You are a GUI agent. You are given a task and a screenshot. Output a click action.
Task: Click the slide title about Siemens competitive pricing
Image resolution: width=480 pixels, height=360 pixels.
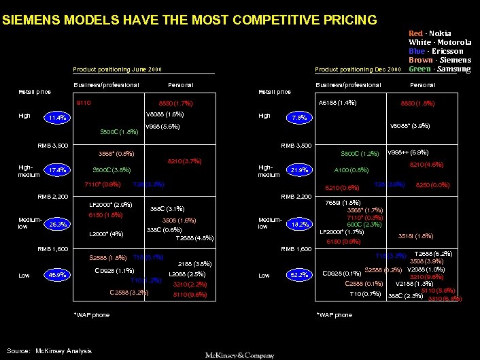[x=189, y=20]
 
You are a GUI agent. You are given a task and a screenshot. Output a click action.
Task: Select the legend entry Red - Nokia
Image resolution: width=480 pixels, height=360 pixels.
[x=429, y=33]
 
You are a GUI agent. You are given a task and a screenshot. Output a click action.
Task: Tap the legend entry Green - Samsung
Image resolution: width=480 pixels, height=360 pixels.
[x=439, y=69]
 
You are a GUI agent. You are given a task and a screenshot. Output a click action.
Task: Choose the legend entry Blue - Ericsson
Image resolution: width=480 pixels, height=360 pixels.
[x=436, y=51]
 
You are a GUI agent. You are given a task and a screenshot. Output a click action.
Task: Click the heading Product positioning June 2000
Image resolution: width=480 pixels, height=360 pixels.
[x=118, y=69]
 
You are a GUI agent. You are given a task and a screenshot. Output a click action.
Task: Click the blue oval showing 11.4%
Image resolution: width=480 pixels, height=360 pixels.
[x=58, y=118]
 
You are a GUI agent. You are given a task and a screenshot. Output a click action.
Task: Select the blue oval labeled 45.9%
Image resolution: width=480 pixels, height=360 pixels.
[x=58, y=275]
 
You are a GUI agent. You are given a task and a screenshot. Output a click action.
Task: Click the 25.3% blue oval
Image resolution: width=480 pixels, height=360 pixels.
[x=58, y=223]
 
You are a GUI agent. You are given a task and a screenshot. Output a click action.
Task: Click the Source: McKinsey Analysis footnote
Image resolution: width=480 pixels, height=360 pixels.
[x=49, y=350]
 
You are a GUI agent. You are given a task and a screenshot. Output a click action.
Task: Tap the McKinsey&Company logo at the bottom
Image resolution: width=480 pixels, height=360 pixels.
[x=241, y=355]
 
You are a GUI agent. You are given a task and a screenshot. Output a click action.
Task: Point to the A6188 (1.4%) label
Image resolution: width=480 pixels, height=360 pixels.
[x=338, y=103]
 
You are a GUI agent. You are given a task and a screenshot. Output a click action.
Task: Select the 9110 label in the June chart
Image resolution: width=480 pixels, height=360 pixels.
[x=84, y=103]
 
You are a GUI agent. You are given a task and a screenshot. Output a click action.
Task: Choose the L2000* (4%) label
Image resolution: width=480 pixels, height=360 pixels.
[x=107, y=234]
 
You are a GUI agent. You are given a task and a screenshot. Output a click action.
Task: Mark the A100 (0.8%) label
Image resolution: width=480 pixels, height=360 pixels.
[x=352, y=170]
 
